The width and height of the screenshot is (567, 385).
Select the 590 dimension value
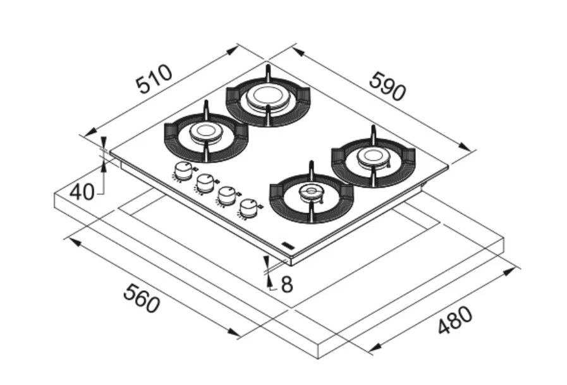coord(387,87)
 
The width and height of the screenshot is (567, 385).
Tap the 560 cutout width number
coord(140,298)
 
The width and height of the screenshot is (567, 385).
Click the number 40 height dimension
coord(82,192)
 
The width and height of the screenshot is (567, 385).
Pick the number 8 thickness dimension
coord(286,284)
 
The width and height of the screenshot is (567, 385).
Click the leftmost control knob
coord(183,169)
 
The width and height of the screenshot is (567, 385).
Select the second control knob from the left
coord(204,182)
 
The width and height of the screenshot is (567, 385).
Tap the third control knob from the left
coord(226,194)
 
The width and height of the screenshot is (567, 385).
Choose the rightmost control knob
coord(249,206)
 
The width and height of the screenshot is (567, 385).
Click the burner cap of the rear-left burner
coord(205,132)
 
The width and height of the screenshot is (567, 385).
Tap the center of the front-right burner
coord(310,192)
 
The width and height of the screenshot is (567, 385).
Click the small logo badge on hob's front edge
coord(286,243)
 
